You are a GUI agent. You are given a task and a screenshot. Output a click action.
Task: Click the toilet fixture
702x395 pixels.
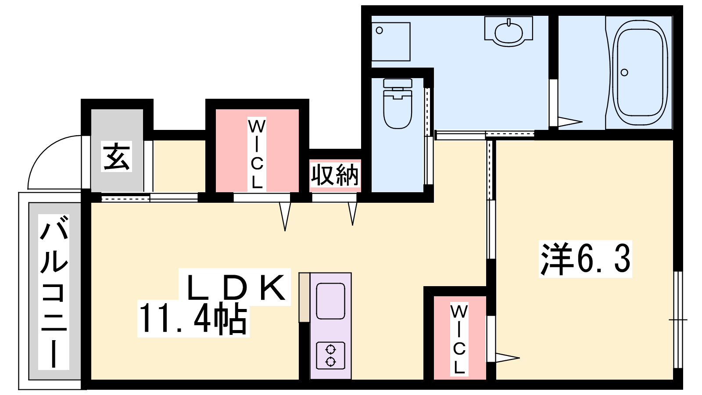pos(398,104)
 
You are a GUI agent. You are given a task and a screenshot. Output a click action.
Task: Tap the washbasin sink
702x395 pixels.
pos(509,31)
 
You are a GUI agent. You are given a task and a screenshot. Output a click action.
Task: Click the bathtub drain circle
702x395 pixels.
pos(624,72)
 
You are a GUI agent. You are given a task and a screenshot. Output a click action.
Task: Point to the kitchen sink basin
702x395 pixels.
pos(331,301)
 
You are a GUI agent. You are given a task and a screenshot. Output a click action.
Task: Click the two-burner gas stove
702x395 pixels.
pos(331,355)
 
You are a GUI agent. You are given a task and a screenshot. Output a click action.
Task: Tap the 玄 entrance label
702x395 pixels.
pos(116,156)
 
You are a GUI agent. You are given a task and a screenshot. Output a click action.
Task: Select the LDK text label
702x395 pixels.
pos(235,287)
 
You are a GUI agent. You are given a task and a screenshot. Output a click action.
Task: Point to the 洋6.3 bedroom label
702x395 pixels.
pos(585,259)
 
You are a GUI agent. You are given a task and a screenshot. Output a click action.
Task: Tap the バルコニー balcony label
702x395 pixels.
pos(54,291)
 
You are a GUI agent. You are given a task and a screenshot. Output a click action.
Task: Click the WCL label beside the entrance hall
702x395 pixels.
pos(257,154)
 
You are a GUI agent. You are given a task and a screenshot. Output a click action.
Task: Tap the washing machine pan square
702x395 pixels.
pos(391,42)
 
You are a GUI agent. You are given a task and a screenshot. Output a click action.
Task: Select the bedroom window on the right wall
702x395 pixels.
pos(678,320)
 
